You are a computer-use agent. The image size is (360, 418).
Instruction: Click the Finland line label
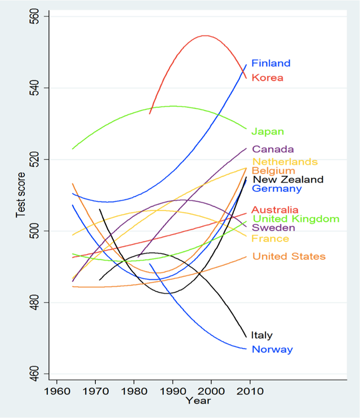(x=271, y=63)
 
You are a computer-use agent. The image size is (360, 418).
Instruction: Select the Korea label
(x=267, y=78)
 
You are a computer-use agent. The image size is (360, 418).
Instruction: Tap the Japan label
(x=268, y=131)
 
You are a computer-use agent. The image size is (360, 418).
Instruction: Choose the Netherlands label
(x=285, y=162)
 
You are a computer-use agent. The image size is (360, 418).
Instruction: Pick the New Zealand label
(x=288, y=179)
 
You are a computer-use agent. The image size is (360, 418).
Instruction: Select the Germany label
(x=277, y=189)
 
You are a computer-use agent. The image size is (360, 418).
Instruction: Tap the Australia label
(x=275, y=210)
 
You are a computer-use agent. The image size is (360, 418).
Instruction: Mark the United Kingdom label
(x=296, y=219)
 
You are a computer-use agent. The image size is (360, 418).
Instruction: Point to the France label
(x=270, y=239)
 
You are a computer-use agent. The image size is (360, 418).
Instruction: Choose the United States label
(x=289, y=256)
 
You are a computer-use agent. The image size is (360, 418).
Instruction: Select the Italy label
(x=262, y=335)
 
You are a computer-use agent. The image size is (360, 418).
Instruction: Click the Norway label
(x=273, y=349)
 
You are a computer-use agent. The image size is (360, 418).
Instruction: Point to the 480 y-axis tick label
(x=36, y=302)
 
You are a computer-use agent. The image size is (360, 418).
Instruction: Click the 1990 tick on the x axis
(x=173, y=391)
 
